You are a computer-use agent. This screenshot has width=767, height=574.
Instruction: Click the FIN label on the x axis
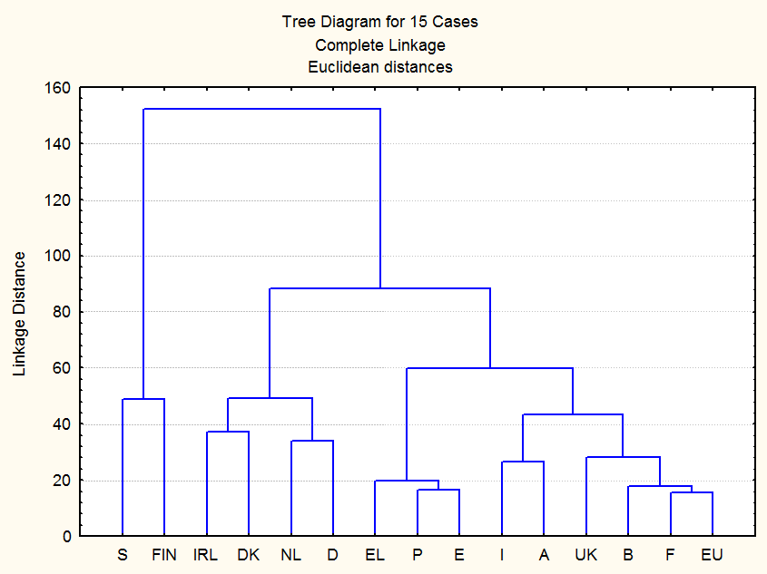[164, 554]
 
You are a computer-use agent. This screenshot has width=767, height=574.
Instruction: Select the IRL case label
[206, 554]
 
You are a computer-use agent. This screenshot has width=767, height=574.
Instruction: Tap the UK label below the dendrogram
[585, 554]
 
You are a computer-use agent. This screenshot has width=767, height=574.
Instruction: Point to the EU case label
[713, 554]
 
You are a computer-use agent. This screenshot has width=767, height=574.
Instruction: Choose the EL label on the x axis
[375, 554]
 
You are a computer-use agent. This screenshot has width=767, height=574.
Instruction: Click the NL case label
[290, 554]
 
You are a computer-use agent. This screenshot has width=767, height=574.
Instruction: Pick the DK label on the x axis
[248, 554]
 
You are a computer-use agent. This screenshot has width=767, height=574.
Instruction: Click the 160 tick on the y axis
[58, 88]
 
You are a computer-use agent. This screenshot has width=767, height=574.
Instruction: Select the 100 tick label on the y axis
[58, 256]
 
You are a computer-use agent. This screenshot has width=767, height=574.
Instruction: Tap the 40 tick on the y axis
[62, 424]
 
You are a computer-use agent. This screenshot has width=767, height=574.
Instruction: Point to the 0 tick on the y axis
[66, 537]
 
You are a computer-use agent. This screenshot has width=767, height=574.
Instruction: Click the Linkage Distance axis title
[19, 313]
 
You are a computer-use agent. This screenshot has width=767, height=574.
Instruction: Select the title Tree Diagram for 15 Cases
[380, 22]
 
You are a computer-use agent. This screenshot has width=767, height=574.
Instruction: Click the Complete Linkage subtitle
[380, 44]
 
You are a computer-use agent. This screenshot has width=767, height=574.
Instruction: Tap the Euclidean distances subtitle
[380, 66]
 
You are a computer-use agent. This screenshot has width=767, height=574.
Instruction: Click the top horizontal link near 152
[261, 109]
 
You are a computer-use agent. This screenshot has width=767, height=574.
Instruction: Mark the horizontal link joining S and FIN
[143, 399]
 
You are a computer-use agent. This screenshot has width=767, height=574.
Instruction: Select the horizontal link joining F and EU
[692, 492]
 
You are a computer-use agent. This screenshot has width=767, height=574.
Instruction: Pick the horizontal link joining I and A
[523, 462]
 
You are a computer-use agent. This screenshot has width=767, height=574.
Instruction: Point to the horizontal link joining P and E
[438, 490]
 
